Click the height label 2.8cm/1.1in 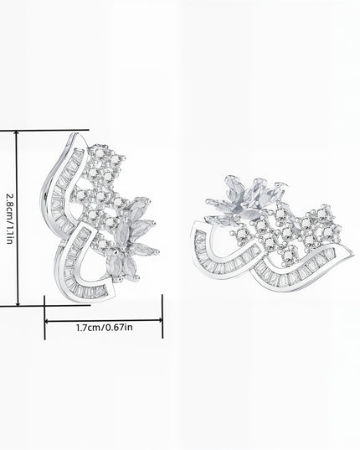coord(9,219)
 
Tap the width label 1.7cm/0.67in coord(105,328)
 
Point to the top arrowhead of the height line coord(17,133)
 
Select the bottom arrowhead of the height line coord(18,303)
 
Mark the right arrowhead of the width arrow coord(160,320)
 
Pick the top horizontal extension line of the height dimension coord(44,131)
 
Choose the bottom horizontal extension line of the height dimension coord(45,306)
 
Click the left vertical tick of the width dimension coord(44,318)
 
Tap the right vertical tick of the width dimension coord(162,316)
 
